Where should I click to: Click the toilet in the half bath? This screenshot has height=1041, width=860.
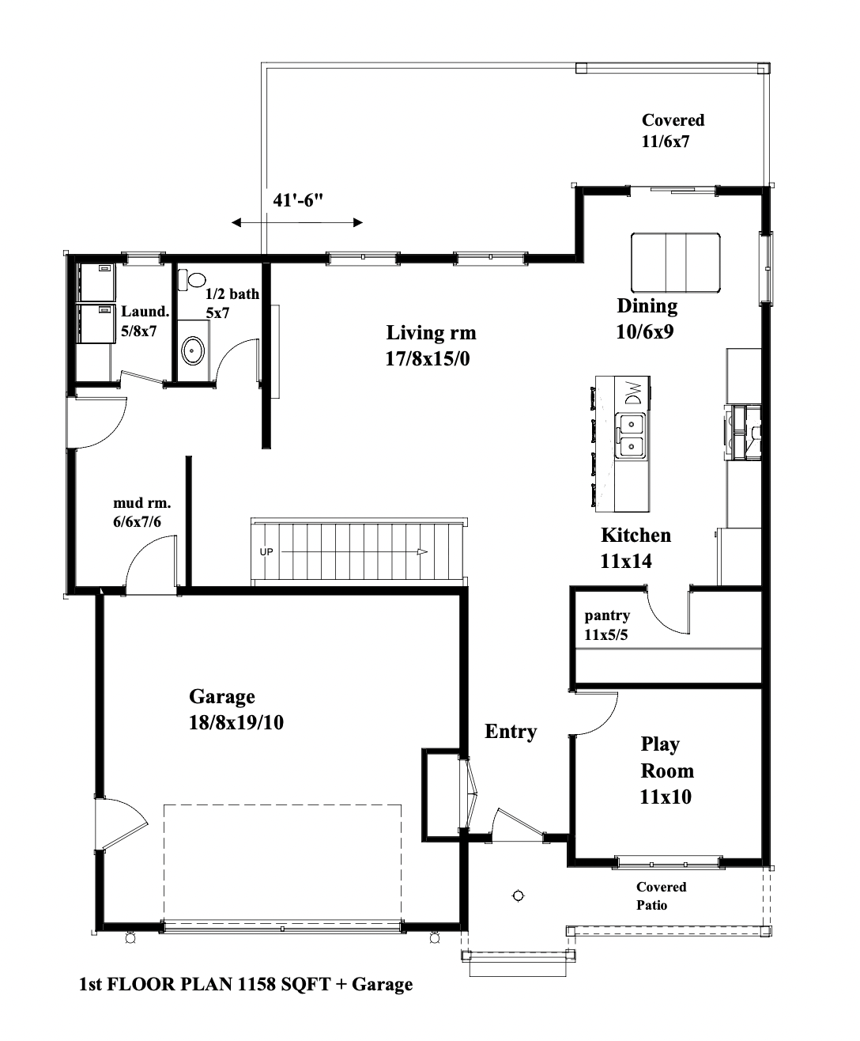192,280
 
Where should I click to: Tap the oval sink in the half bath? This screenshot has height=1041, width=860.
192,351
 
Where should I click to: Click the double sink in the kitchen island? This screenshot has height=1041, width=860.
631,435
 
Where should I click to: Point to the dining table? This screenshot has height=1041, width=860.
675,263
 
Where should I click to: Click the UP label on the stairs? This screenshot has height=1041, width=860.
266,552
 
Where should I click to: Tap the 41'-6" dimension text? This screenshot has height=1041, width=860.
298,200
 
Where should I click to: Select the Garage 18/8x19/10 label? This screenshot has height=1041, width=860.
236,709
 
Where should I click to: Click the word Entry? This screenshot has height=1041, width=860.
511,732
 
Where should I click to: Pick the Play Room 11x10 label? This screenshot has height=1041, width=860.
666,770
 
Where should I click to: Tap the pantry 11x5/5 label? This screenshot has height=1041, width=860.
607,625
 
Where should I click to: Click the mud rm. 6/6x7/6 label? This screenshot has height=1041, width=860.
142,513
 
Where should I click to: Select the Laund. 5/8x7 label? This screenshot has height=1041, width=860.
145,321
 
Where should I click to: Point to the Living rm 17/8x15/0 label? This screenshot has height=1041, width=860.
431,346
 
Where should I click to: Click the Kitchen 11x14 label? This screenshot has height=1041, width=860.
636,548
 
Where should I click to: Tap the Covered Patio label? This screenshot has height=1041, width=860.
661,896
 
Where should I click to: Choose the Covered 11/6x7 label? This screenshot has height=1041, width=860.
673,131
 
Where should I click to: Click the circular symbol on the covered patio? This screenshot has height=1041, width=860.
519,896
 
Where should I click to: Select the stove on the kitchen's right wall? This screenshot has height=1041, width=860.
743,431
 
